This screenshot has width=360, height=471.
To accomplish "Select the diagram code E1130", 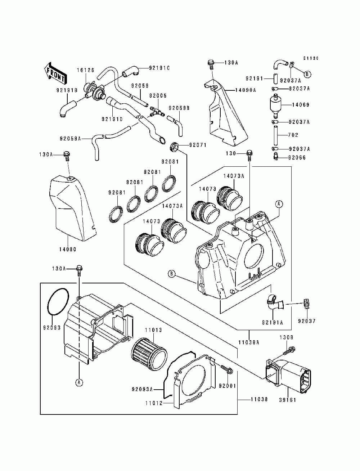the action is pos(311,58).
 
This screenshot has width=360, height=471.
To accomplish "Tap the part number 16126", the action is pos(86,70).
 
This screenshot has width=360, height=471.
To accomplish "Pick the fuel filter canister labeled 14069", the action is pos(276,105).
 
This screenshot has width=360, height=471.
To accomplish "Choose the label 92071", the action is pos(198,145).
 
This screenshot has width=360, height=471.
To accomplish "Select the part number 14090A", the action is pos(246,90).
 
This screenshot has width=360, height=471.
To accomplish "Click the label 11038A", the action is pos(249,342).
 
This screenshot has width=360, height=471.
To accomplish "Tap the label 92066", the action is pos(297,158).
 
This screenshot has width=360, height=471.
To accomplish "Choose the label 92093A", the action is pos(142,389).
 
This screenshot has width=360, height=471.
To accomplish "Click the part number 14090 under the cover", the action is pos(68,249).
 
